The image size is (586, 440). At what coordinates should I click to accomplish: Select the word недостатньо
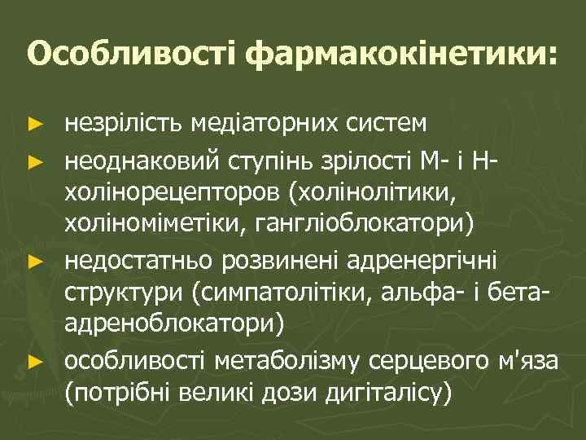pyautogui.click(x=134, y=262)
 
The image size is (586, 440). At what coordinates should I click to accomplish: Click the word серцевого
pyautogui.click(x=424, y=359)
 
